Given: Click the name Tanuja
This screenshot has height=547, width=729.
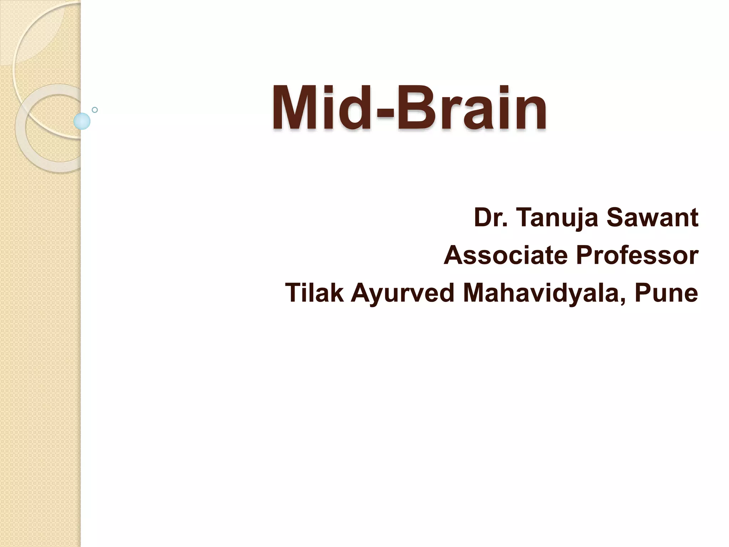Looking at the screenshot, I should [x=557, y=218].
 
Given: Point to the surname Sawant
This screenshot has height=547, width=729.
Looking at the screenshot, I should [x=652, y=218].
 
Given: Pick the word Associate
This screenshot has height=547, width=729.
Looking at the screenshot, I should [x=505, y=255].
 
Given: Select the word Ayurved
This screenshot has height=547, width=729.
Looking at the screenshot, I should [x=403, y=293].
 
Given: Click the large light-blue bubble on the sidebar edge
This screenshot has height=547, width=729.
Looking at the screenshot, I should [x=82, y=121].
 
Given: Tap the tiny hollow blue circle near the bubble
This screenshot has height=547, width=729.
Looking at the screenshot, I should [x=95, y=110].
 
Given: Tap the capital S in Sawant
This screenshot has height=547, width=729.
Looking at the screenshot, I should [x=617, y=218].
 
